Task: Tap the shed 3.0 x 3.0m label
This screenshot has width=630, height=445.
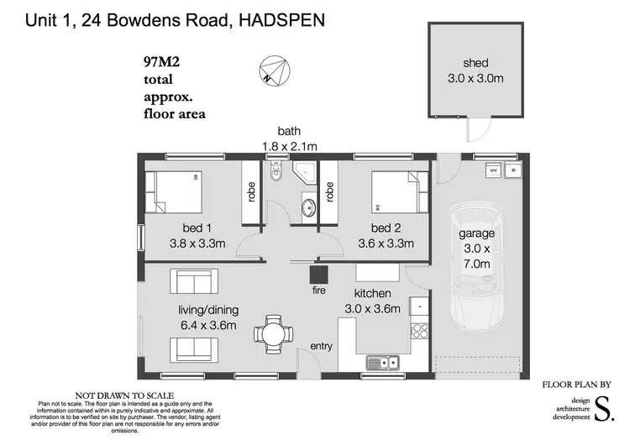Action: pos(475,71)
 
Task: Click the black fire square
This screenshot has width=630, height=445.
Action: pos(317,275)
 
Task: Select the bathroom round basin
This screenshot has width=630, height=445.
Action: pos(307,207)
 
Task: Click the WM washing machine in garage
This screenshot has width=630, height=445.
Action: pos(496,170)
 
